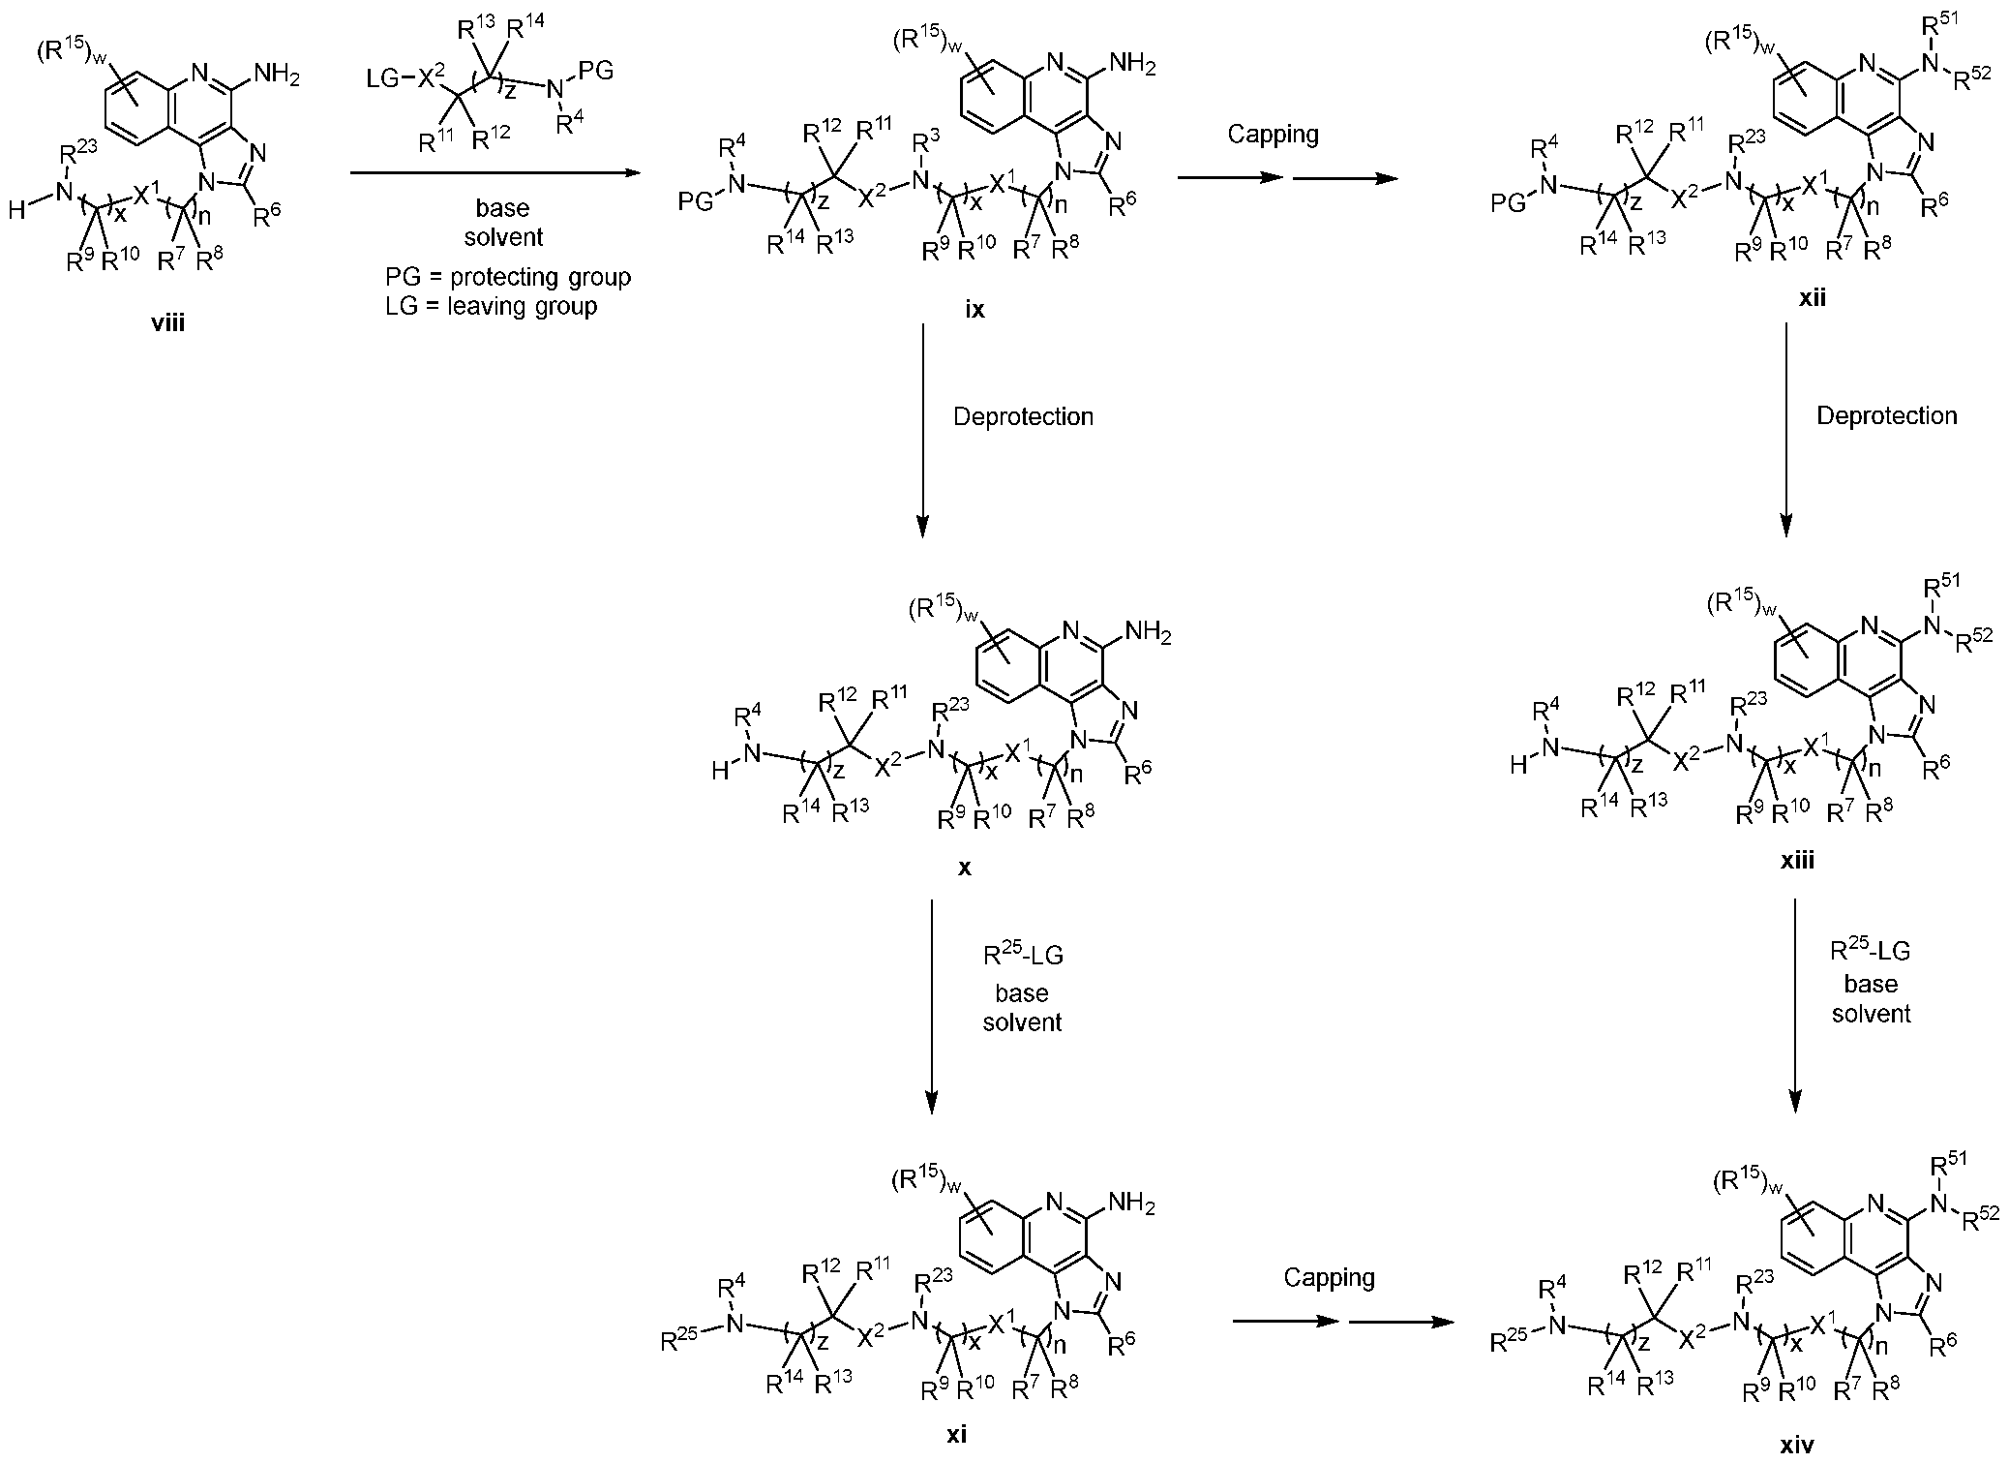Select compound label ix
click(975, 309)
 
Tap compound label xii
click(1812, 298)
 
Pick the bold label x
click(965, 868)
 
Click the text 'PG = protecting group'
click(507, 278)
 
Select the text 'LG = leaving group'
click(491, 307)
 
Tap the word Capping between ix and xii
click(1273, 134)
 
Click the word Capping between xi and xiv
click(1329, 1278)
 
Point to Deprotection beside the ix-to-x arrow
click(1023, 416)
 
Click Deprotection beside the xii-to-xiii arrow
click(1886, 415)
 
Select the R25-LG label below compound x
click(1022, 956)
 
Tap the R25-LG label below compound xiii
click(1870, 951)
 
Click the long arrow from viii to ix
click(495, 173)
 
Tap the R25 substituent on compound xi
click(679, 1341)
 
